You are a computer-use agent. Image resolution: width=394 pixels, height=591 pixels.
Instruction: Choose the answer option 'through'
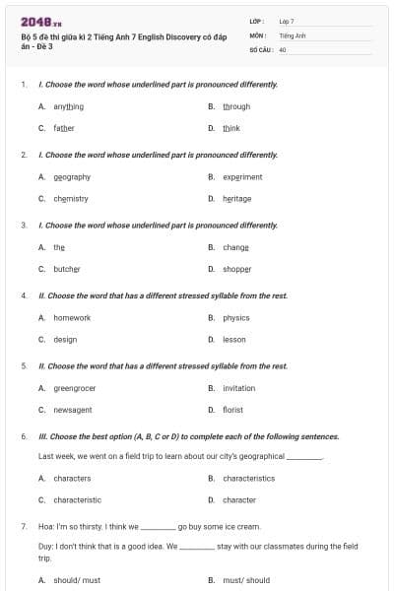pyautogui.click(x=236, y=106)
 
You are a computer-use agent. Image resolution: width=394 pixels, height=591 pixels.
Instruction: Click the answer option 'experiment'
pyautogui.click(x=242, y=177)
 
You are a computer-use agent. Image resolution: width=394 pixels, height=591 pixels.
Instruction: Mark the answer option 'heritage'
pyautogui.click(x=237, y=199)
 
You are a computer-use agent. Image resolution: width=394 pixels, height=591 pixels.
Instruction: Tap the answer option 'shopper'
pyautogui.click(x=237, y=269)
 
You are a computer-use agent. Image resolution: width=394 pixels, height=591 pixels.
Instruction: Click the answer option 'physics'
pyautogui.click(x=236, y=318)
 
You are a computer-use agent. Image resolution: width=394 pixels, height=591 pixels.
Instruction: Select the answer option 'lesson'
pyautogui.click(x=234, y=340)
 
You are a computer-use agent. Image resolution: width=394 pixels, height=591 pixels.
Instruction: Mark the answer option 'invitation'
pyautogui.click(x=239, y=388)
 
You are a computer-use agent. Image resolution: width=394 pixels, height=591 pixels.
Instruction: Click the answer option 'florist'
pyautogui.click(x=232, y=410)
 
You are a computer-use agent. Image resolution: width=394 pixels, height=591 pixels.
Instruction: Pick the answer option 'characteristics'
pyautogui.click(x=249, y=479)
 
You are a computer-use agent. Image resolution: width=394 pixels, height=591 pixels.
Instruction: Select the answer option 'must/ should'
pyautogui.click(x=246, y=580)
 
